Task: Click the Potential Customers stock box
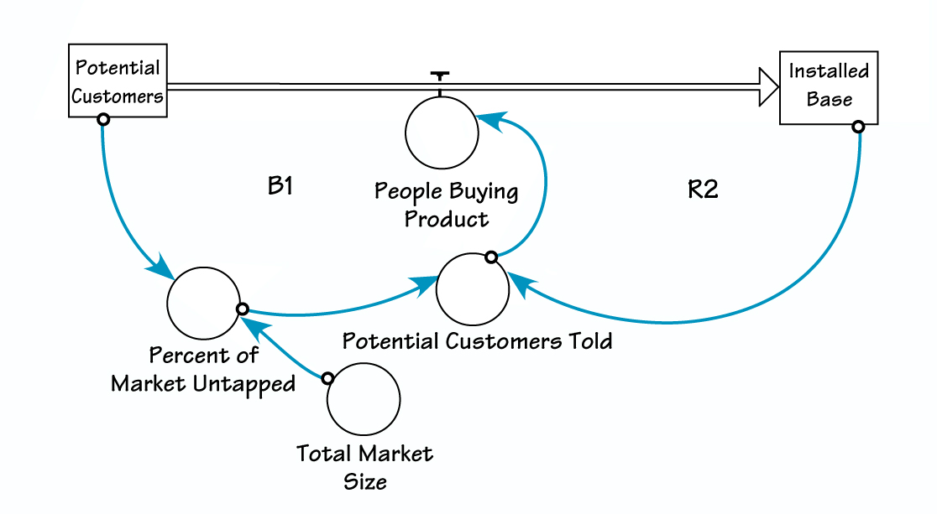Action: tap(118, 80)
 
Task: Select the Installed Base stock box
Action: tap(829, 86)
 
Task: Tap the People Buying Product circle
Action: tap(442, 133)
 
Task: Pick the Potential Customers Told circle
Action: tap(473, 288)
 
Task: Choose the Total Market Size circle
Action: tap(364, 401)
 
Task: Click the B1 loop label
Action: tap(280, 186)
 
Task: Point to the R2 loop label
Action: tap(703, 190)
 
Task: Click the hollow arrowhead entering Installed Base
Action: tap(768, 86)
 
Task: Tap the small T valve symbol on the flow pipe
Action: tap(437, 75)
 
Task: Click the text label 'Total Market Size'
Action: tap(364, 467)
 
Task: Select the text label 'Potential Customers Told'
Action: tap(477, 341)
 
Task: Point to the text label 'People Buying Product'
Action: tap(446, 205)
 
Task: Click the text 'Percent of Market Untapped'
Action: tap(203, 370)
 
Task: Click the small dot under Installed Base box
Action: tap(858, 127)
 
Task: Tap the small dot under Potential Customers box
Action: tap(102, 120)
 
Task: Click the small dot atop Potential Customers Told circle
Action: tap(491, 256)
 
